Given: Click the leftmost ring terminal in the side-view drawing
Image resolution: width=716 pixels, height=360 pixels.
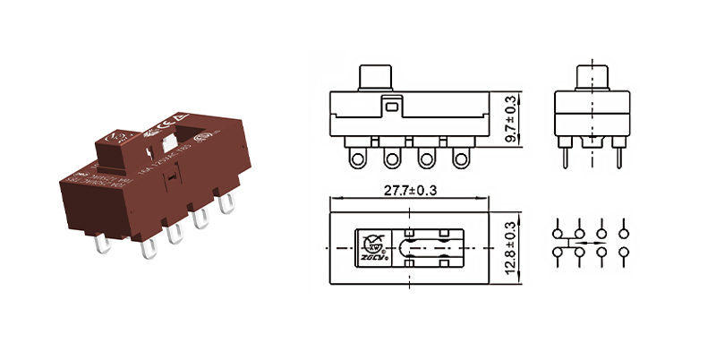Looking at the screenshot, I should point(357,159).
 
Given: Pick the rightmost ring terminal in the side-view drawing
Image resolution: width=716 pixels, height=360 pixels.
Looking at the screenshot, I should point(460,159).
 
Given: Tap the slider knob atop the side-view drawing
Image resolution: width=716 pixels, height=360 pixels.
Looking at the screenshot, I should point(376,77).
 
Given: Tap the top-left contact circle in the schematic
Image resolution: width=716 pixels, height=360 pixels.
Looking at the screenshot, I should point(558,224).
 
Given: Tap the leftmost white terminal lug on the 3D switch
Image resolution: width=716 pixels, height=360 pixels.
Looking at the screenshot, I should point(98,243).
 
